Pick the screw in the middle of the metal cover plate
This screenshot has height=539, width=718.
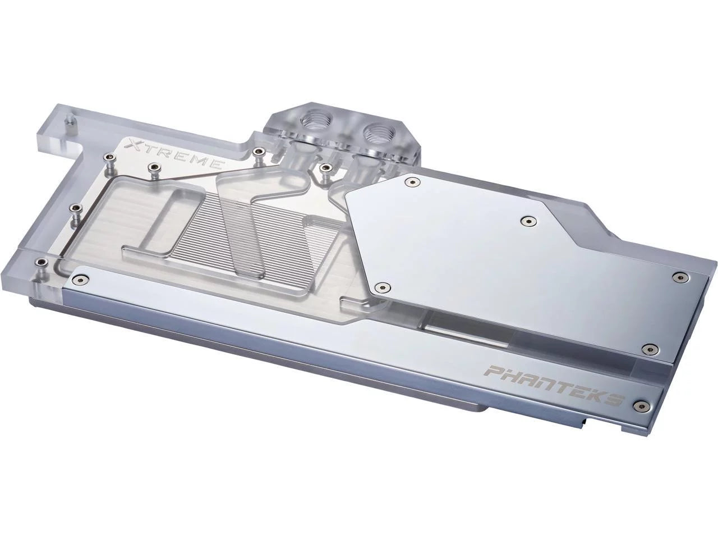pyautogui.click(x=527, y=222)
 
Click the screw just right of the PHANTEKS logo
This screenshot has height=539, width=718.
pyautogui.click(x=642, y=405)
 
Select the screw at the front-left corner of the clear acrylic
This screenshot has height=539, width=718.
pyautogui.click(x=41, y=262)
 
